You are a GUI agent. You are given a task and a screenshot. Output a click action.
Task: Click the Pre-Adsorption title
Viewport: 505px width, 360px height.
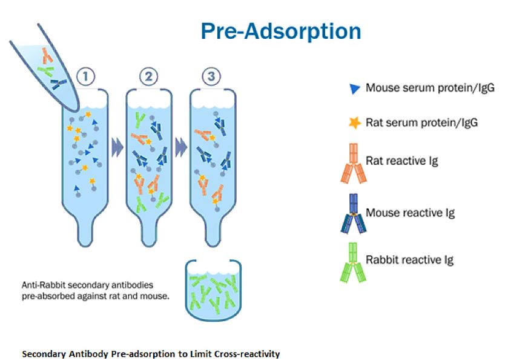click(281, 32)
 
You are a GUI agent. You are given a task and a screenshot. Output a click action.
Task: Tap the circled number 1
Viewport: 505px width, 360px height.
click(85, 77)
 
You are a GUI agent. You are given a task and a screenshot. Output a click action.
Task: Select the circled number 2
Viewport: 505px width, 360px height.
click(149, 77)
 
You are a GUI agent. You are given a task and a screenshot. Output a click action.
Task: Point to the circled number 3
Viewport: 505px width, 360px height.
click(211, 77)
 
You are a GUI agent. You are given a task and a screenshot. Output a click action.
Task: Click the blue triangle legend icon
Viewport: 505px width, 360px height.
click(354, 88)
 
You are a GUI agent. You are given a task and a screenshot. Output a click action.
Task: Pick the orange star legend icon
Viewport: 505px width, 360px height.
click(354, 123)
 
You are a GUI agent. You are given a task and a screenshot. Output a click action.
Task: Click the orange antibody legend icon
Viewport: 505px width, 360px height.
click(354, 164)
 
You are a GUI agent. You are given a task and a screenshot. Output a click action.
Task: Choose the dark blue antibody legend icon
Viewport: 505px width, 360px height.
click(354, 214)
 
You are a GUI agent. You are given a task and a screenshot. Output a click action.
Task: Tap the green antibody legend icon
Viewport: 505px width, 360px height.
click(354, 262)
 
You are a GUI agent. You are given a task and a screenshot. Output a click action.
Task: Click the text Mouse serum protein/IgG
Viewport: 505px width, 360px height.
click(430, 88)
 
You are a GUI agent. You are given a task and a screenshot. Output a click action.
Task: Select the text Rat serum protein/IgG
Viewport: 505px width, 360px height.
click(421, 122)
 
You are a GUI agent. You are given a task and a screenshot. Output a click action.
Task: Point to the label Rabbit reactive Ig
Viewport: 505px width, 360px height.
click(409, 260)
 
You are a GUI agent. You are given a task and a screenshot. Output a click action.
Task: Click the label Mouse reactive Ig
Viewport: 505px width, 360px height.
click(410, 213)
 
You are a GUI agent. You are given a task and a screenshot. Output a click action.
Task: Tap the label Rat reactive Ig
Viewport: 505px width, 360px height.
click(401, 161)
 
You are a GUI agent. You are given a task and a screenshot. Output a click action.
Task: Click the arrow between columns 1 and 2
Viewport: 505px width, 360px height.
click(117, 148)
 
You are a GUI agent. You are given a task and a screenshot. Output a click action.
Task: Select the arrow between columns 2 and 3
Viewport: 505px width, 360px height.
click(181, 148)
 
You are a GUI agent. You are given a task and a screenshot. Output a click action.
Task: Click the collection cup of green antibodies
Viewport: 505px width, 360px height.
click(213, 291)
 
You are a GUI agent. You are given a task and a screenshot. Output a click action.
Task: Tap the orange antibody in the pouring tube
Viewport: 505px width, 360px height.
click(47, 55)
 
